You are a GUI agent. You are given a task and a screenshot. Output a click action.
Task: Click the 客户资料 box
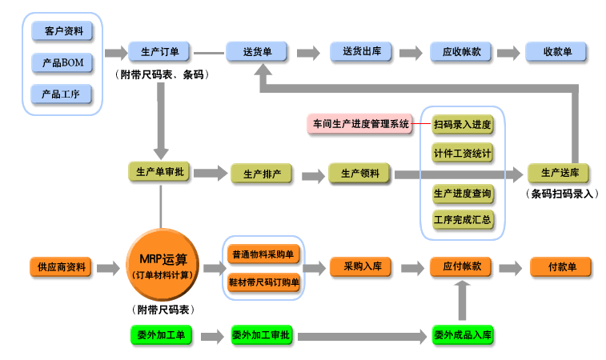click(x=62, y=31)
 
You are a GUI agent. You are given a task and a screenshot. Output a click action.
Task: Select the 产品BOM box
click(x=62, y=62)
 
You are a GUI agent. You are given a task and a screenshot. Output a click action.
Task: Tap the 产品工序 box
click(x=62, y=94)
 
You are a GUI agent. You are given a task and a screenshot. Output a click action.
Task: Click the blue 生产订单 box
click(x=159, y=52)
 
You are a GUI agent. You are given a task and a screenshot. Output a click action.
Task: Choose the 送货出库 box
click(x=361, y=52)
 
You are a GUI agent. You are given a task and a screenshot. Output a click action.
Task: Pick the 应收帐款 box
click(x=461, y=52)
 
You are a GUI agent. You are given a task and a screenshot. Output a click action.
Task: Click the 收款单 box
click(x=556, y=52)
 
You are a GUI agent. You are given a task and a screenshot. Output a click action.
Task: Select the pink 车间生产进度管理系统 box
click(x=359, y=124)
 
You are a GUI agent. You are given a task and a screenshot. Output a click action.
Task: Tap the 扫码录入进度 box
click(x=462, y=124)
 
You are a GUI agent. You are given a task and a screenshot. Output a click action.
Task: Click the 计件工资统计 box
click(x=462, y=152)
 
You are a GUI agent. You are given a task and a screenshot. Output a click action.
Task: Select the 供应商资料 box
click(x=61, y=266)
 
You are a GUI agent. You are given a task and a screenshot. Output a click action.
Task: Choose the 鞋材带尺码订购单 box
click(x=263, y=282)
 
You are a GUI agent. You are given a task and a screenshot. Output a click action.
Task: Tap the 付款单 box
click(x=559, y=266)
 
